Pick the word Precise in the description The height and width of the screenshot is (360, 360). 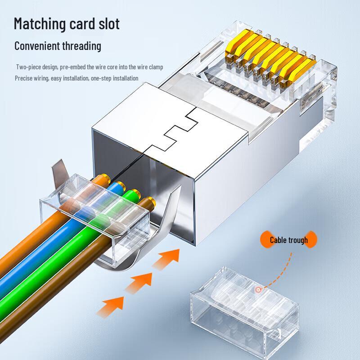click(23, 78)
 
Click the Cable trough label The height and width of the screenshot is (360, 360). click(288, 240)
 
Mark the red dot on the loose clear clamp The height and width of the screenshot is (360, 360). click(258, 290)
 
